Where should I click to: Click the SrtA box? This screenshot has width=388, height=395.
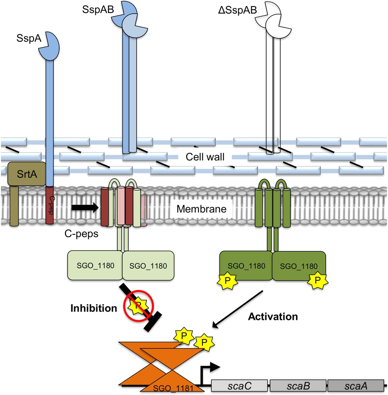pos(27,174)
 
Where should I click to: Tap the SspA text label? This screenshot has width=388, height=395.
pos(29,38)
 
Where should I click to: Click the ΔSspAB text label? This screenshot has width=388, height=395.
pos(237,10)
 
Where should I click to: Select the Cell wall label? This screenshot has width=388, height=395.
pos(205,157)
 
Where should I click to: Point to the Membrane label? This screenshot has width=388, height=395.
pos(201,209)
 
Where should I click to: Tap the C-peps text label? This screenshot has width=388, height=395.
pos(81,234)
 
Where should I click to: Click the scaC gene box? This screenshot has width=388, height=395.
pos(239,386)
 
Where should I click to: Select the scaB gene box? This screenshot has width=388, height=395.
pos(298,386)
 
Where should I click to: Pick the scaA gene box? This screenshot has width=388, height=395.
pos(356,386)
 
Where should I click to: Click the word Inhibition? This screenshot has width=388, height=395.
pos(94,308)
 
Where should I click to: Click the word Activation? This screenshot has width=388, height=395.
pos(273,316)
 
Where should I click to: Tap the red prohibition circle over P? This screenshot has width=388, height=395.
pos(138,306)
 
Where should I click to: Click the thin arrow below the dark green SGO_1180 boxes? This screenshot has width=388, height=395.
pos(238,309)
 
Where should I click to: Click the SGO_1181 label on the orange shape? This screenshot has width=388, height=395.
pos(173,388)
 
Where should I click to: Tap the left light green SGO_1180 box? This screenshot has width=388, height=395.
pos(95,265)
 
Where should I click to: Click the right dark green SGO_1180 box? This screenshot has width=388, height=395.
pos(299,266)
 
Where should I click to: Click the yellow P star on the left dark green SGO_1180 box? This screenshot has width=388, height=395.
pos(227,280)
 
